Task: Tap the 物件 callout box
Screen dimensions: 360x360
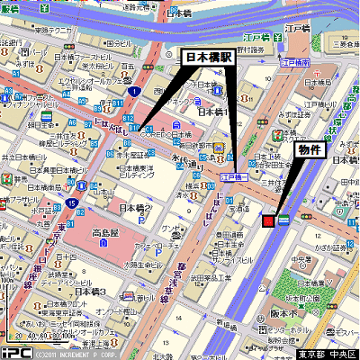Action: (x=310, y=151)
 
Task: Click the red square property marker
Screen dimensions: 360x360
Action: (x=268, y=220)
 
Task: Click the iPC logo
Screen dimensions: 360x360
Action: (x=17, y=353)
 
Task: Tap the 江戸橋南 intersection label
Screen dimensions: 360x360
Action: (x=294, y=63)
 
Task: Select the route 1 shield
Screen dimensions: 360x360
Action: (x=133, y=92)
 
